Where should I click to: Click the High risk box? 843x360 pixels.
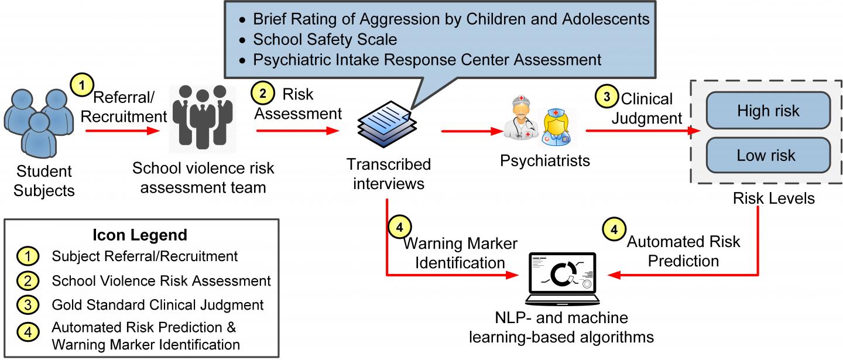tap(768, 111)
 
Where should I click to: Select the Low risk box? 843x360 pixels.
tap(768, 155)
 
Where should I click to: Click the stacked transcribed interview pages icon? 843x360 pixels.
tap(386, 126)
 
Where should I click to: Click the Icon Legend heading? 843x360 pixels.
tap(140, 235)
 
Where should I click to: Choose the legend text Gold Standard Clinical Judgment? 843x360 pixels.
tap(157, 304)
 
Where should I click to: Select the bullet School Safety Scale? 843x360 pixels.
tap(325, 39)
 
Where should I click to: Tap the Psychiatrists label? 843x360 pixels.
tap(544, 160)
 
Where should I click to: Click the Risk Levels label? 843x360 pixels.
tap(773, 198)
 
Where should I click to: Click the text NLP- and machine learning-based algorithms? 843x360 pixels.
tap(561, 328)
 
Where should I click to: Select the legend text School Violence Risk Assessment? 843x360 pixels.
tap(161, 280)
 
